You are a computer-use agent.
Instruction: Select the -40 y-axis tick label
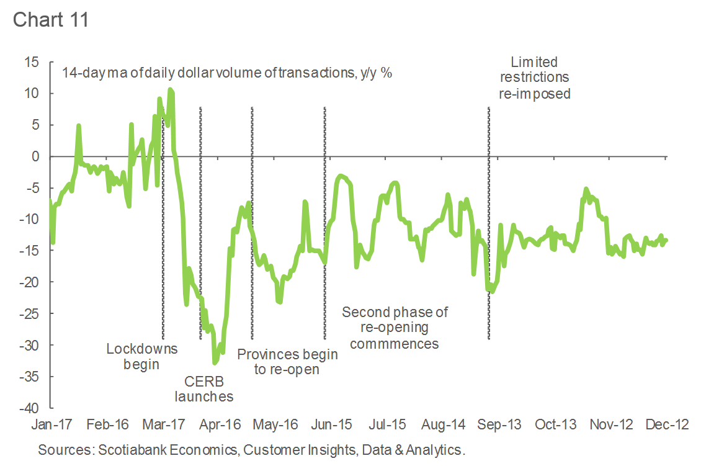[x=29, y=408]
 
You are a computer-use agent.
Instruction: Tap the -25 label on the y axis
[x=29, y=314]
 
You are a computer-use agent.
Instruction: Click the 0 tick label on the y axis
[x=35, y=156]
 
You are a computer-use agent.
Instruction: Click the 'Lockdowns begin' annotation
[x=141, y=356]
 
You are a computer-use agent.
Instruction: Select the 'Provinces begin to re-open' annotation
[x=287, y=362]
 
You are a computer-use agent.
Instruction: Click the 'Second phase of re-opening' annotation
[x=395, y=328]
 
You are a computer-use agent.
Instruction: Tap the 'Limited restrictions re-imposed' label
[x=534, y=78]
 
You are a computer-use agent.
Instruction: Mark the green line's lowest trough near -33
[x=215, y=362]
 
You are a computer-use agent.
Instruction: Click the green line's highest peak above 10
[x=170, y=91]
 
